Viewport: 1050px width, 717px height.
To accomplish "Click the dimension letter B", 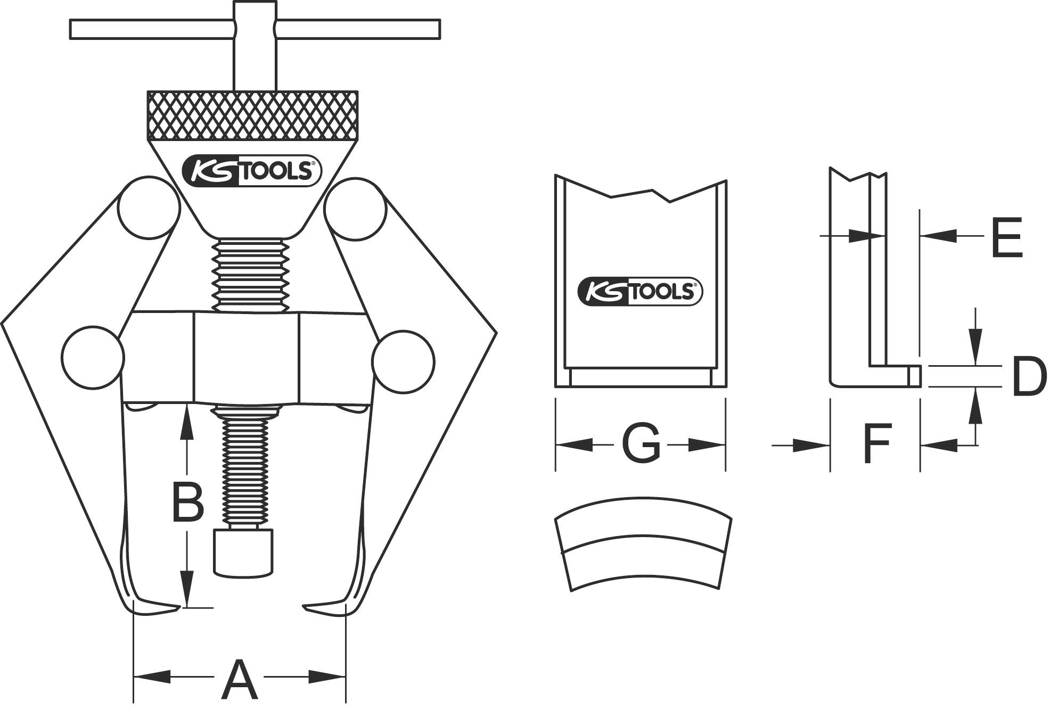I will [188, 502].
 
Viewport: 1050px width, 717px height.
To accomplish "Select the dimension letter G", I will [641, 443].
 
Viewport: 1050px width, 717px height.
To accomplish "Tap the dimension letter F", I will [876, 443].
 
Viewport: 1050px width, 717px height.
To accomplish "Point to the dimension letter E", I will [1006, 238].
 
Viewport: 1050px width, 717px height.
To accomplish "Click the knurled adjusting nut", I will [252, 116].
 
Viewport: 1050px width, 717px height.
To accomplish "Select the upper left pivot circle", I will [148, 208].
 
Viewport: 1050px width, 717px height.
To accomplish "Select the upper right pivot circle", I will [355, 208].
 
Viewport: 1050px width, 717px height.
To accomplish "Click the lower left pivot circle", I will [93, 357].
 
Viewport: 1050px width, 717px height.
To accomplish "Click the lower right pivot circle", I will [403, 362].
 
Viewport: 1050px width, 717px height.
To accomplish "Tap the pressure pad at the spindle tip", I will [244, 551].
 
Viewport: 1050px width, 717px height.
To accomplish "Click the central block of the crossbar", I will [246, 357].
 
